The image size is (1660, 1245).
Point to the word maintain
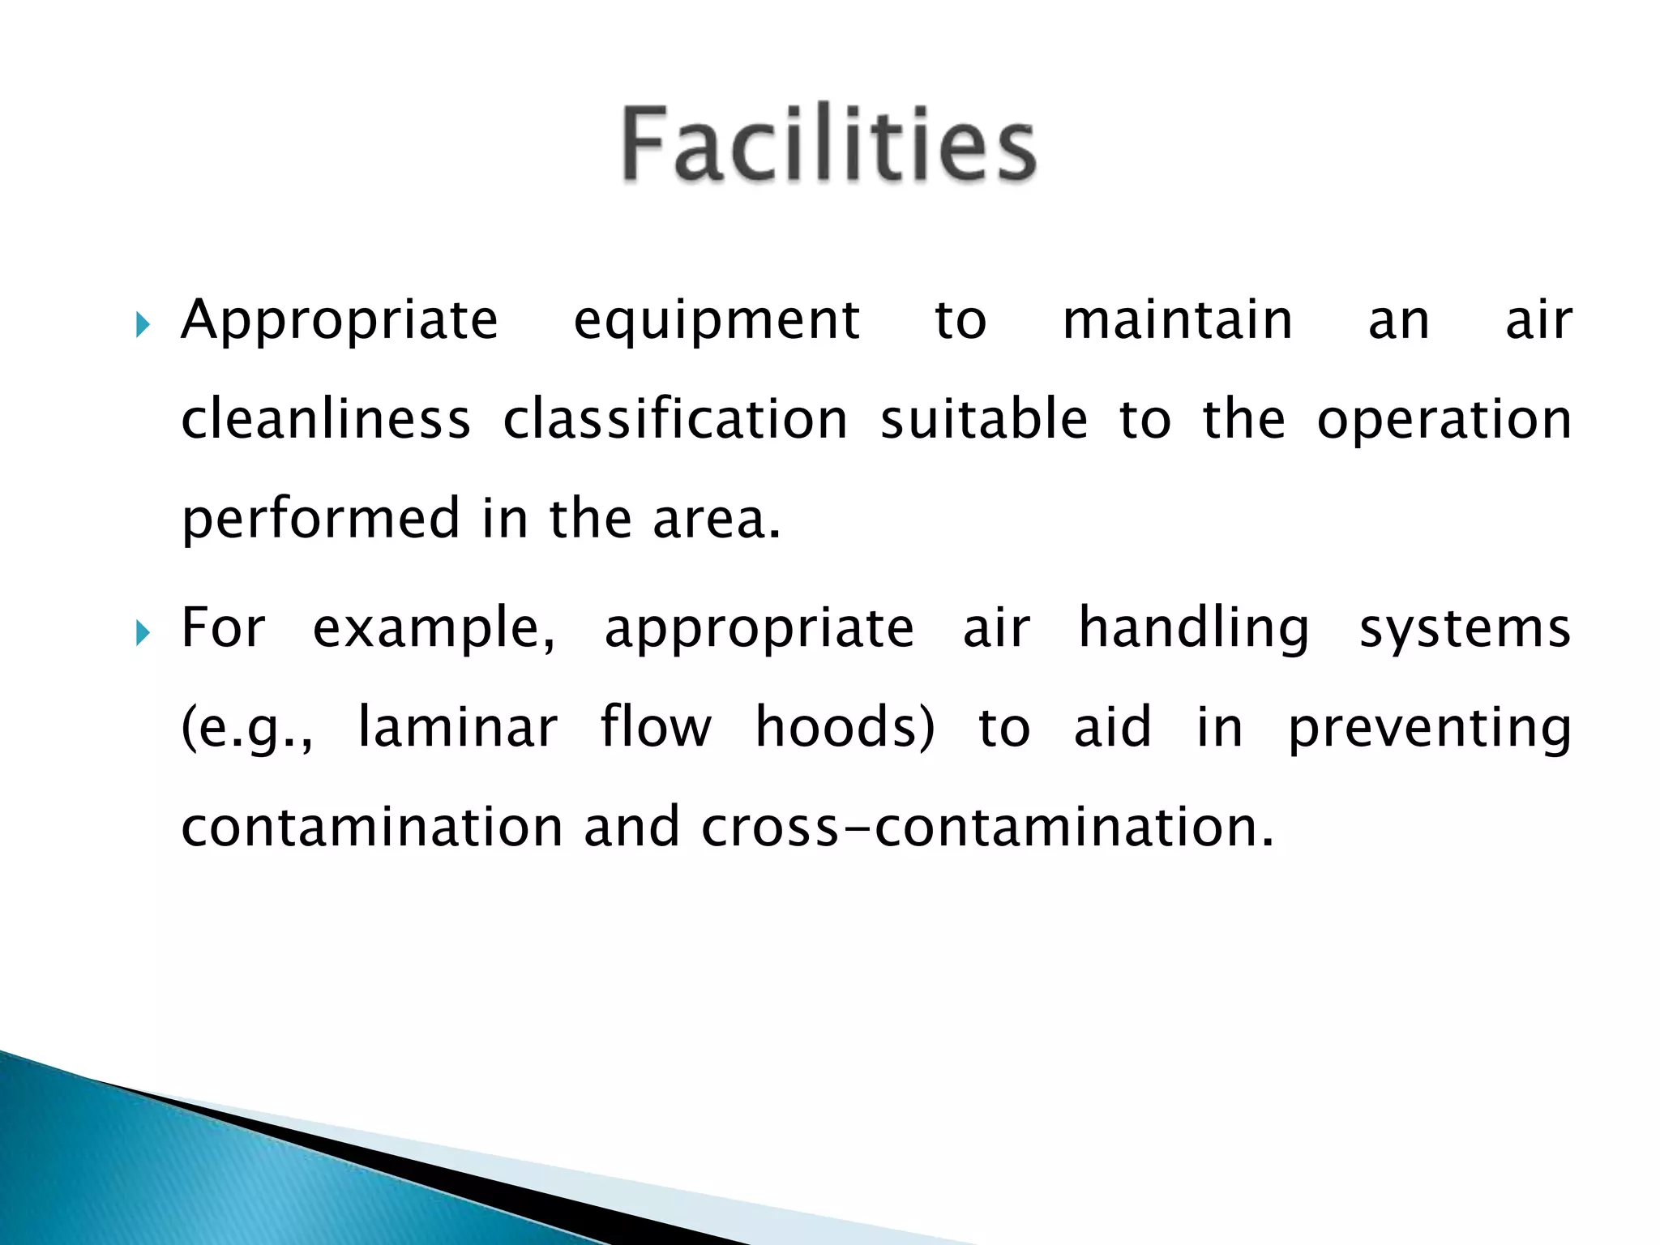[1178, 319]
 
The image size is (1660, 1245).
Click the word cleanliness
[326, 419]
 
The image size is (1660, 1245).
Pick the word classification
[674, 419]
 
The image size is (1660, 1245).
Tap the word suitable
[983, 419]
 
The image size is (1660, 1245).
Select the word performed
[321, 520]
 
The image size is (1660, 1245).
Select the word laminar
[457, 727]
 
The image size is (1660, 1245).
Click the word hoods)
[845, 727]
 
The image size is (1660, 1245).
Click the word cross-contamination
[986, 827]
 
